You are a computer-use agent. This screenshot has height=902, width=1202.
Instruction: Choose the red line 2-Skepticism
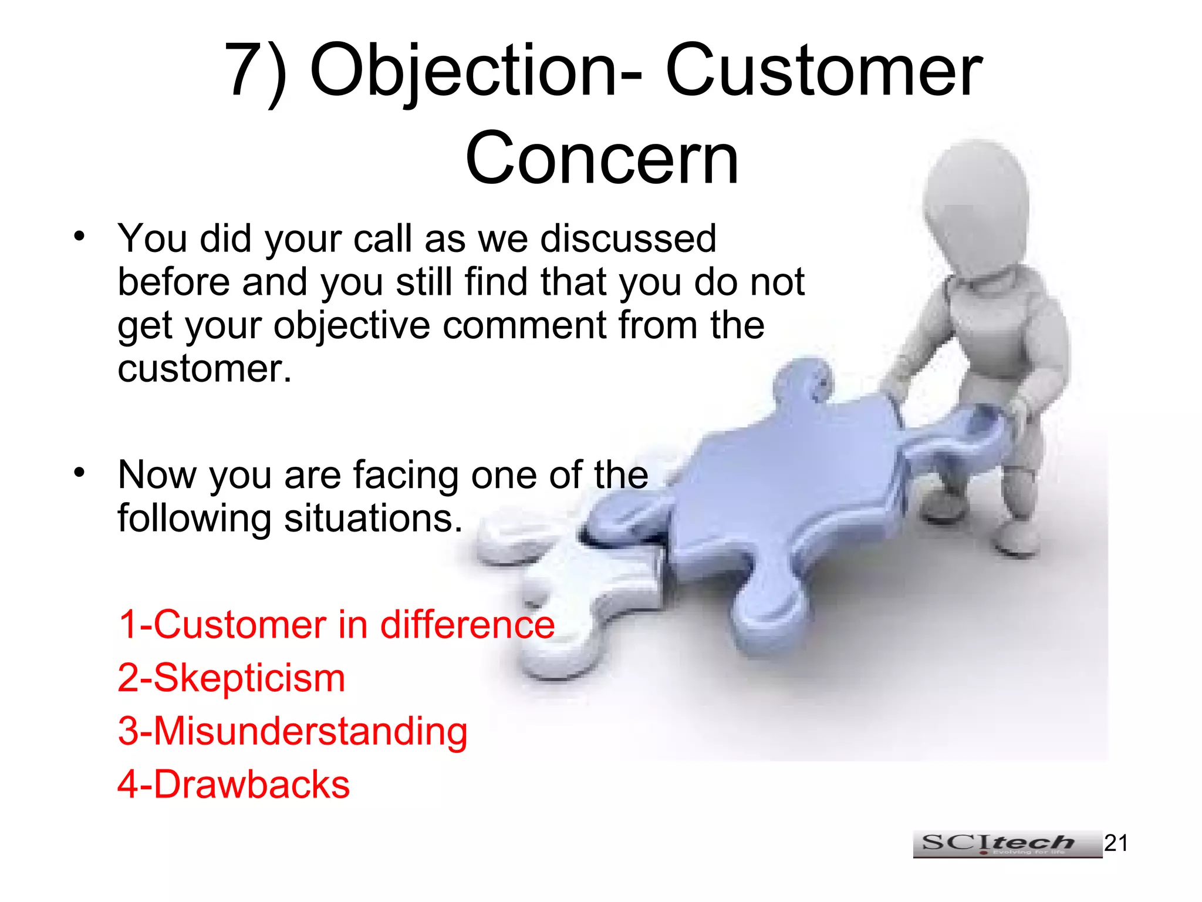(231, 678)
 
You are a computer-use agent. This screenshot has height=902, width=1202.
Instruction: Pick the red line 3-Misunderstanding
(292, 731)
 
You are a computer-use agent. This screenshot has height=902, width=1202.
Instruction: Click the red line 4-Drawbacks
(234, 785)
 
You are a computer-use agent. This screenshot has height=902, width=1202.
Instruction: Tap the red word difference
(467, 624)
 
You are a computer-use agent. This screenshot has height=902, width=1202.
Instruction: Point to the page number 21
(1116, 843)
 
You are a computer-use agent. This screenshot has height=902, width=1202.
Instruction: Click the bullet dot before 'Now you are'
(80, 472)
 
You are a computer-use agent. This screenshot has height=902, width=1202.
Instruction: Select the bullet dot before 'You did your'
(80, 236)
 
